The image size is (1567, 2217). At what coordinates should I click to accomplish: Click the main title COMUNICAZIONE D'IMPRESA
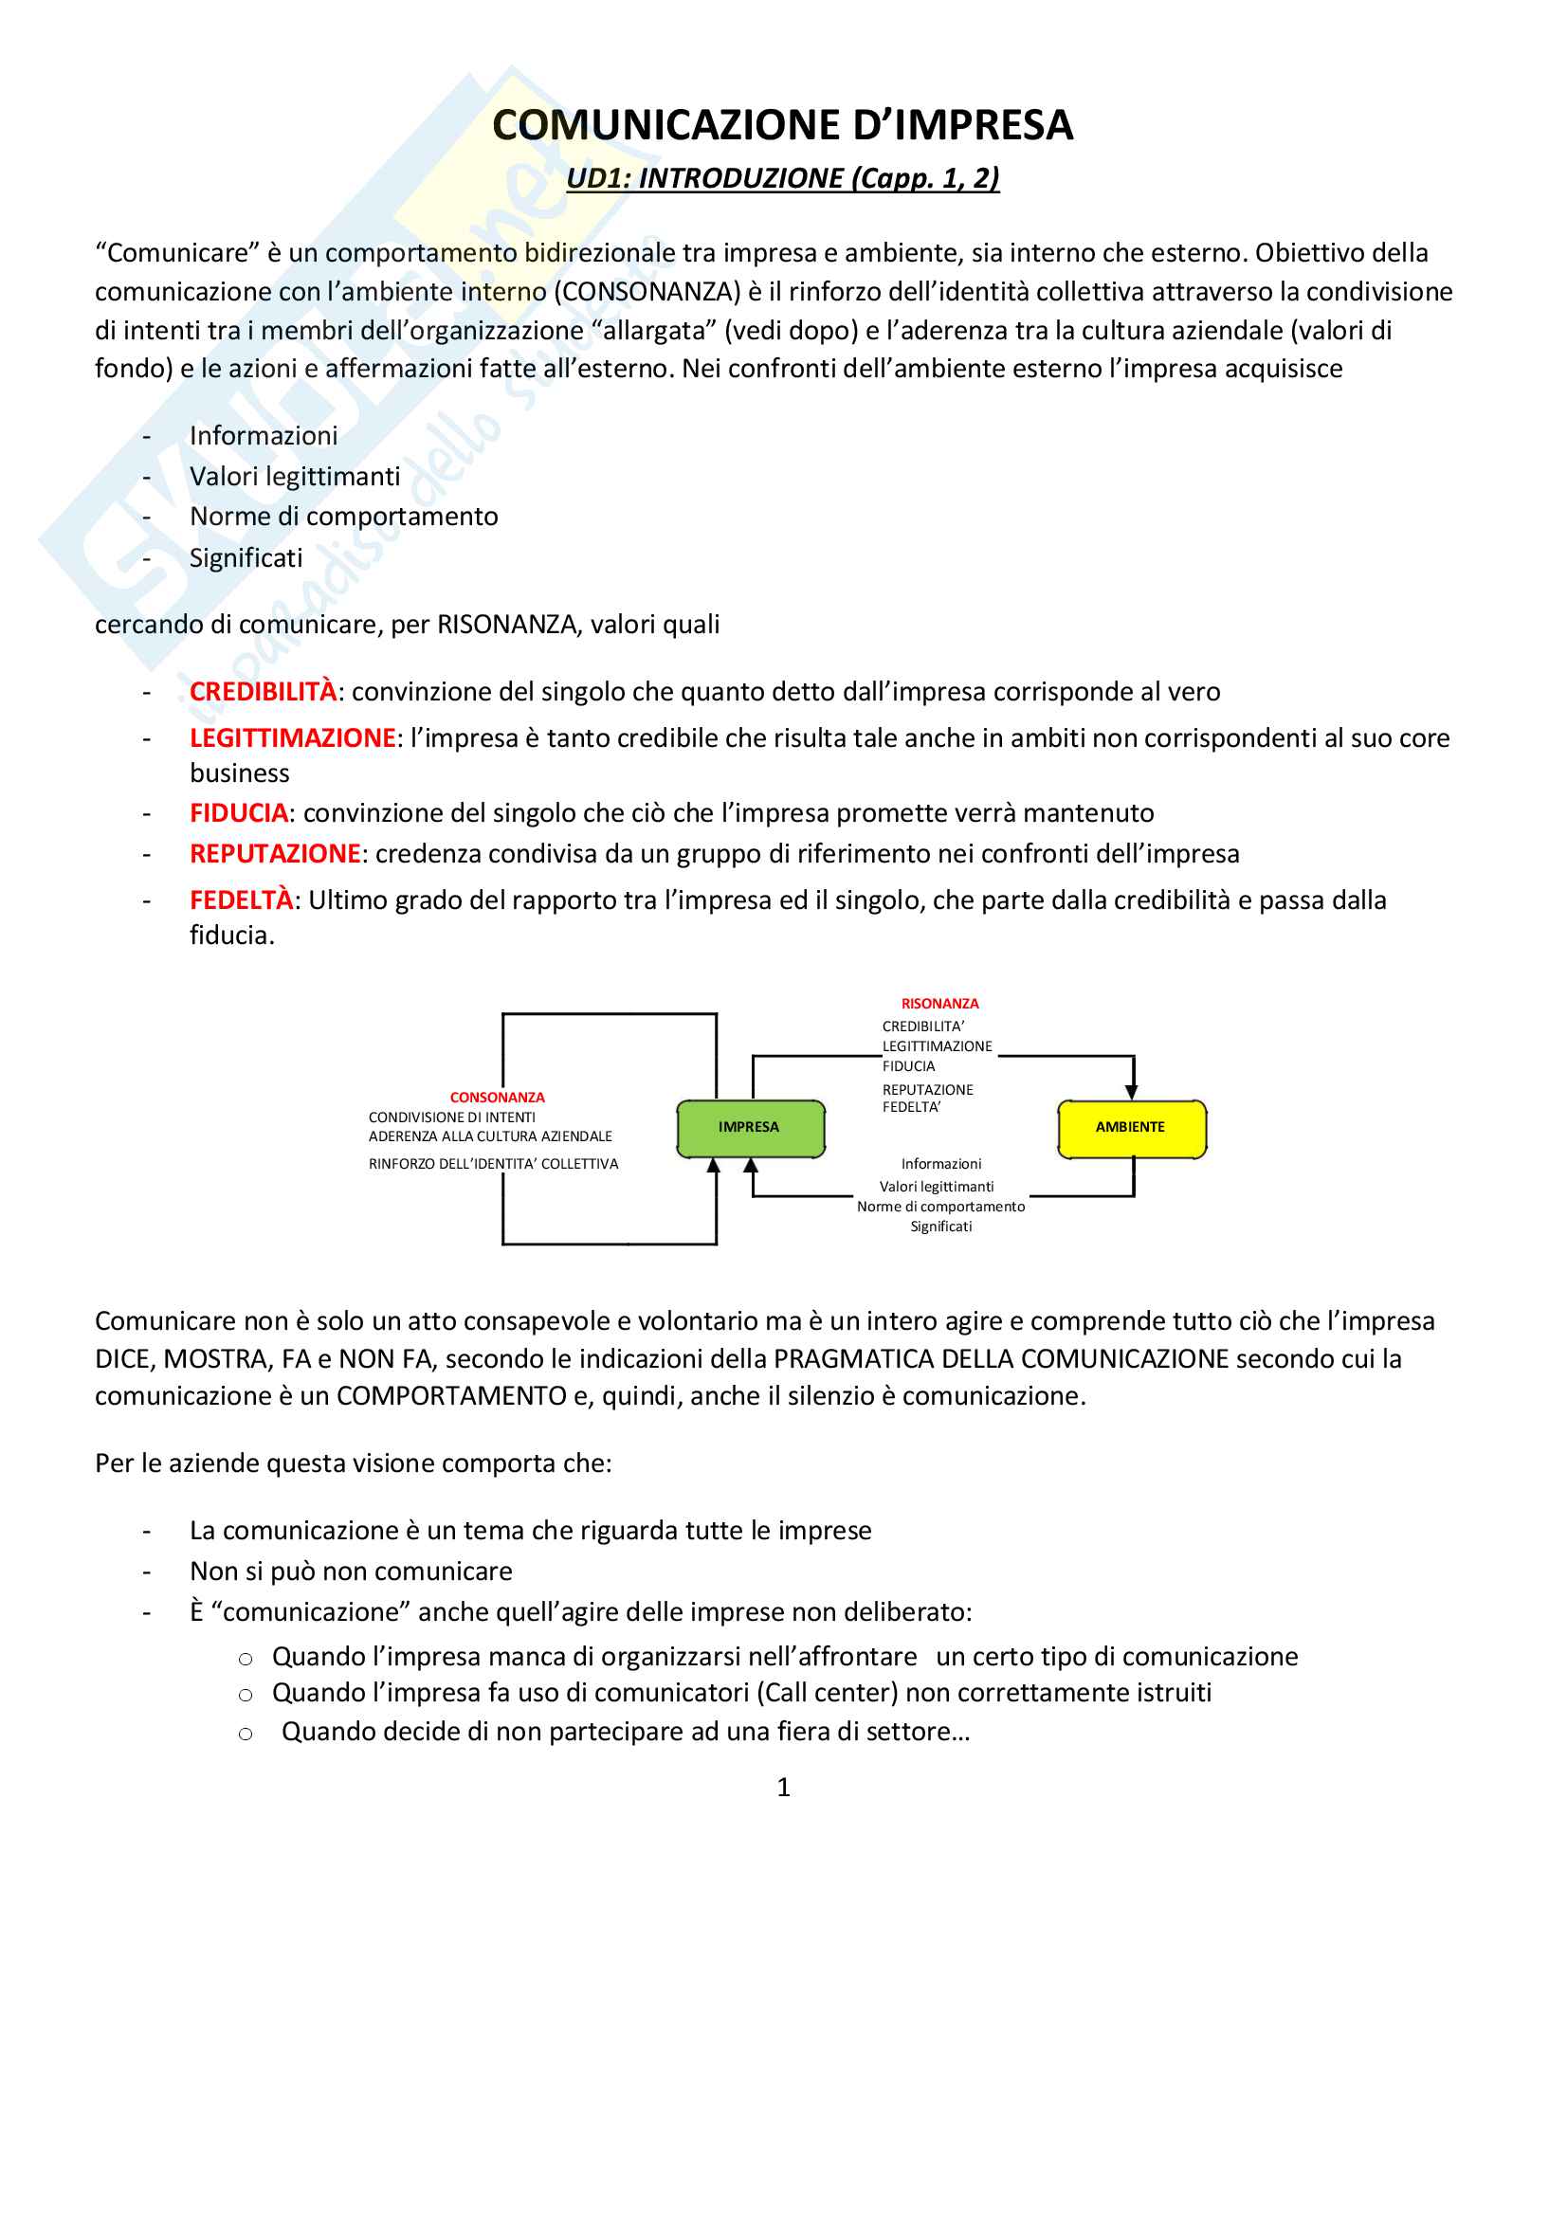tap(782, 125)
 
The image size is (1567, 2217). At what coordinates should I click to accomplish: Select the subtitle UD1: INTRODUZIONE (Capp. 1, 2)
tap(782, 178)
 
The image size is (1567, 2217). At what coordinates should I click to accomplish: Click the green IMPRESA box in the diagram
tap(750, 1128)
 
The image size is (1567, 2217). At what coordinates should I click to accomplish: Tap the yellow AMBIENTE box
tap(1131, 1128)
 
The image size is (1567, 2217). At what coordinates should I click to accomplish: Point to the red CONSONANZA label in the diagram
tap(498, 1097)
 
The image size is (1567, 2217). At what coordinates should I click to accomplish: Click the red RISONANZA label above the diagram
tap(939, 1004)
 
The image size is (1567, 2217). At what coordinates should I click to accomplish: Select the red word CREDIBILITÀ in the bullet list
tap(263, 691)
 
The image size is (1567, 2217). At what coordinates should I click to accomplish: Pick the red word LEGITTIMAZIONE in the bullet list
tap(293, 737)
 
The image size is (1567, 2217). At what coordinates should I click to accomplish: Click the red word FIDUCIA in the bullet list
tap(239, 813)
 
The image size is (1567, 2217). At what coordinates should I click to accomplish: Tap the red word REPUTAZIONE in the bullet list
tap(275, 854)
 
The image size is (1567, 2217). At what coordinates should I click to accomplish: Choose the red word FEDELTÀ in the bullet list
tap(242, 900)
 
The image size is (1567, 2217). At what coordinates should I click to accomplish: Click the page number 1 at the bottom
tap(783, 1789)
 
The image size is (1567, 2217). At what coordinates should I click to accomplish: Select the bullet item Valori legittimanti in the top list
tap(295, 477)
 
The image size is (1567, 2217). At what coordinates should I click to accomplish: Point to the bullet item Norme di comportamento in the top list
tap(344, 517)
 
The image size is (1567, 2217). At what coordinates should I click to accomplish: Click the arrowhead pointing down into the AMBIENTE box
tap(1132, 1092)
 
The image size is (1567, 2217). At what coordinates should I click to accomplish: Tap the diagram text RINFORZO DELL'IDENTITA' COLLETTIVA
tap(493, 1165)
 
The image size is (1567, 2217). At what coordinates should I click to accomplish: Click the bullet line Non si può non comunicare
tap(351, 1571)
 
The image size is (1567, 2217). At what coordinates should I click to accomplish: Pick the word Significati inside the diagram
tap(941, 1227)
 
